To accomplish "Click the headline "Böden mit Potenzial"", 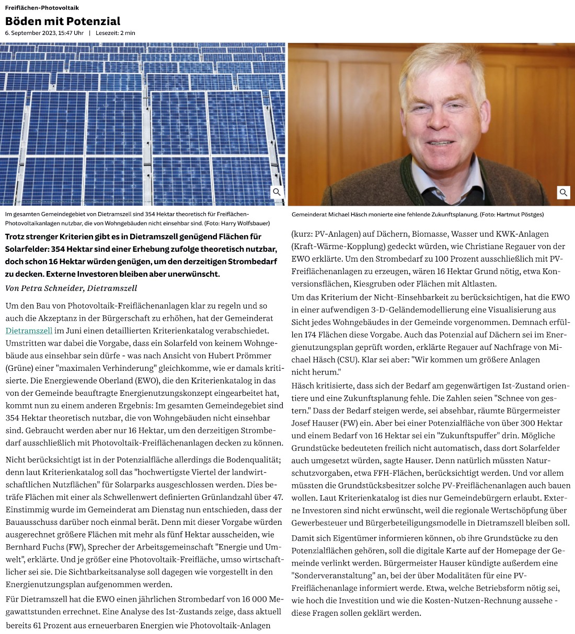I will pyautogui.click(x=63, y=21).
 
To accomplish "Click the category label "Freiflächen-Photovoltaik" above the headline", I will pyautogui.click(x=42, y=8).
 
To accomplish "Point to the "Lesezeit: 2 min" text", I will pyautogui.click(x=115, y=33).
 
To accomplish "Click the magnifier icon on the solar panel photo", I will pyautogui.click(x=277, y=192).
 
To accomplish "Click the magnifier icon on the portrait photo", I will pyautogui.click(x=563, y=193).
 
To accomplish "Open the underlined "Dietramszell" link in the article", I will pyautogui.click(x=29, y=331).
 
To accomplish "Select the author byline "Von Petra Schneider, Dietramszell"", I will pyautogui.click(x=71, y=288).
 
